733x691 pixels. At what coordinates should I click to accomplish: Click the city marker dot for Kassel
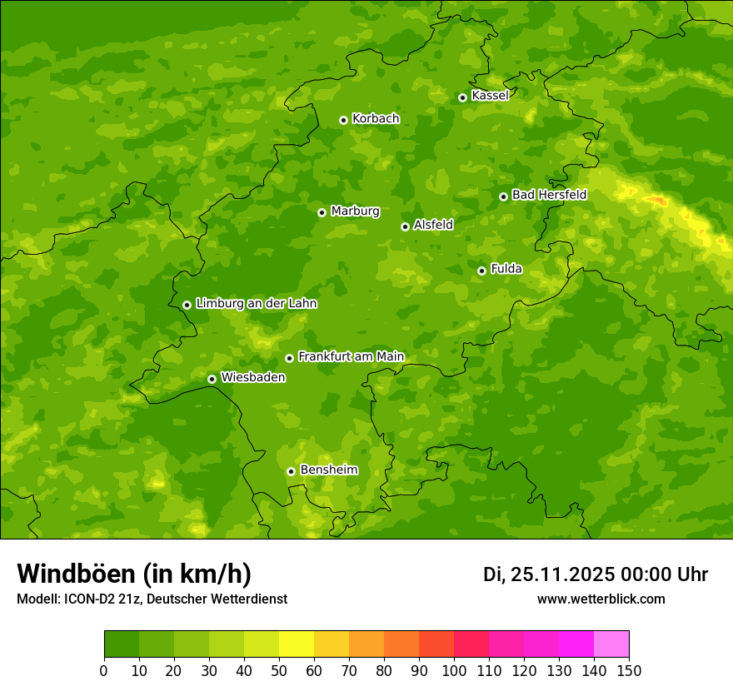coord(462,97)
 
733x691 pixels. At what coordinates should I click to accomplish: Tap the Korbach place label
coord(376,118)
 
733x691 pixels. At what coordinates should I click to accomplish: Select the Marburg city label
coord(355,211)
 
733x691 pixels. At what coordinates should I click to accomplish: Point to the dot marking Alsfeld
coord(405,226)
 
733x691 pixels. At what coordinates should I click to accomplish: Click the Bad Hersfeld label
coord(549,195)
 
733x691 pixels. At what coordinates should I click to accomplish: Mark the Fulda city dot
coord(481,271)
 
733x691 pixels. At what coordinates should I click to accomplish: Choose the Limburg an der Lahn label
coord(256,303)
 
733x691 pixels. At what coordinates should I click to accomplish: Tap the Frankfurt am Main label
coord(351,356)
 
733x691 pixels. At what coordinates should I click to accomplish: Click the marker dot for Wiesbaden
coord(212,379)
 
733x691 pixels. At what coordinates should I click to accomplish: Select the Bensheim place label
coord(328,470)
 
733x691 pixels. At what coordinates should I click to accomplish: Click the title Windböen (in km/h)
coord(134,574)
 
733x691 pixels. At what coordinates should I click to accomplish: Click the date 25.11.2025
coord(562,574)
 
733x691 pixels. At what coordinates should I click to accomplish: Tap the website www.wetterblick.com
coord(601,599)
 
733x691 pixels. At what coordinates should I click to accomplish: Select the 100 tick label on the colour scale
coord(454,670)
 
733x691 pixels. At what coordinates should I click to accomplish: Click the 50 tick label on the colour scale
coord(279,670)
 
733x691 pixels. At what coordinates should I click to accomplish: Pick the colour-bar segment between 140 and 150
coord(611,644)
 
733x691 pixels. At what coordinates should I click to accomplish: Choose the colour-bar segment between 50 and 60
coord(297,644)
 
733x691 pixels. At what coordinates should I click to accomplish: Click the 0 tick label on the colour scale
coord(104,670)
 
